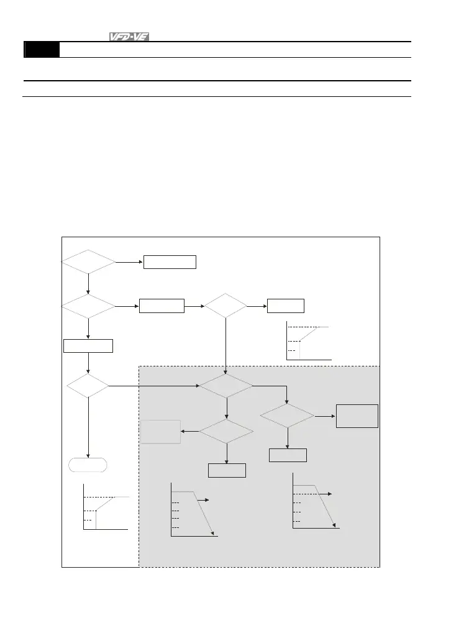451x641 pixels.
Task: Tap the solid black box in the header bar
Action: click(42, 50)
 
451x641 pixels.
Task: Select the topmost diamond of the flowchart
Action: click(88, 263)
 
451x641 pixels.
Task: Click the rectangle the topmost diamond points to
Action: click(170, 262)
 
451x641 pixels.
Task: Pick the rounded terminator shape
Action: click(88, 465)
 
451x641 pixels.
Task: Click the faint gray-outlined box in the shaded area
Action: click(160, 432)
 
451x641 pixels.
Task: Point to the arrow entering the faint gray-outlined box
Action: click(190, 431)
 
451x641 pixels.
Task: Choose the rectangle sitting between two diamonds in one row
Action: click(162, 306)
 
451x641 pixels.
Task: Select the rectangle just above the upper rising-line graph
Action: click(285, 306)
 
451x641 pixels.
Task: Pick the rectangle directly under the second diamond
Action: click(88, 345)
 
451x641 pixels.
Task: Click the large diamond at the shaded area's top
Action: click(225, 386)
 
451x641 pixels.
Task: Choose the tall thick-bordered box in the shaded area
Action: click(357, 416)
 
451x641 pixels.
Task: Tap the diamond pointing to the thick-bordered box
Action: click(287, 416)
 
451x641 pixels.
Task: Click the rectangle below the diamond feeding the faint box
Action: click(227, 470)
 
